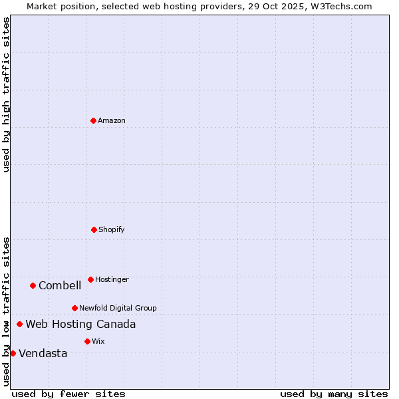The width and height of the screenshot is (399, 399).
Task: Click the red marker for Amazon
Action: click(x=93, y=120)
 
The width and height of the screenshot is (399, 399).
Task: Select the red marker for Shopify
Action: click(x=94, y=229)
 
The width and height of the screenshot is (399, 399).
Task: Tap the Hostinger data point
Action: click(x=90, y=279)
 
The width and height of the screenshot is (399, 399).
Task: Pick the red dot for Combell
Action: click(x=33, y=285)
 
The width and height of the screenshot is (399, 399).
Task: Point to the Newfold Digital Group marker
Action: click(x=74, y=308)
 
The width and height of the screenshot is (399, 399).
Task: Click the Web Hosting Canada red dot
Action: click(x=19, y=324)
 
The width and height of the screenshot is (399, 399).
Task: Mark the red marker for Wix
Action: click(x=87, y=341)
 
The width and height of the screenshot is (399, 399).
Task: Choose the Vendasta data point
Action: click(x=13, y=353)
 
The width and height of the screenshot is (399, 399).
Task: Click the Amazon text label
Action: click(x=112, y=120)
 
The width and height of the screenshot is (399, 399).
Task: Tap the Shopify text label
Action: click(x=112, y=229)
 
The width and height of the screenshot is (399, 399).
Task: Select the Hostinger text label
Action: click(x=112, y=279)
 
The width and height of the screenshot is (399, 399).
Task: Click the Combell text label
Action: click(x=60, y=285)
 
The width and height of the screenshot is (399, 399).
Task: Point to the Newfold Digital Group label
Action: click(x=118, y=308)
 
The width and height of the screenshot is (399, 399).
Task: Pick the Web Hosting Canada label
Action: click(x=80, y=324)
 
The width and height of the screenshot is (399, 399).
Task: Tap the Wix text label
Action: click(x=98, y=341)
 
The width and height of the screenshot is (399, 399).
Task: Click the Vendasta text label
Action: click(x=43, y=353)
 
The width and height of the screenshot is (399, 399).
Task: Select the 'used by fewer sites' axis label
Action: click(x=68, y=394)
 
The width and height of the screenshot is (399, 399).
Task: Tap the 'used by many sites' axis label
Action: click(x=334, y=394)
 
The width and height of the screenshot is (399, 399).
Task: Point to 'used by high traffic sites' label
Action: click(x=6, y=94)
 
